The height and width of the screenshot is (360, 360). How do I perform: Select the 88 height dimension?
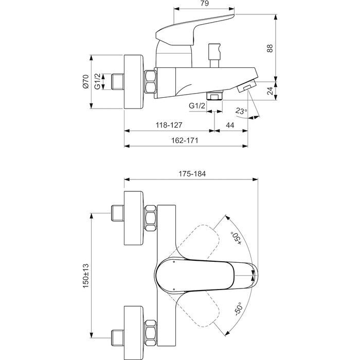point(269,48)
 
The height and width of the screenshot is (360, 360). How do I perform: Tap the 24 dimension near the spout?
point(269,92)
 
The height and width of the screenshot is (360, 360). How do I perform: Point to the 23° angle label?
point(241,111)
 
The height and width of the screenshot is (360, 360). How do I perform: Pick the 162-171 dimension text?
point(185,141)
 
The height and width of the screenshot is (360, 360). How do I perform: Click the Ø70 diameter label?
point(86,82)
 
